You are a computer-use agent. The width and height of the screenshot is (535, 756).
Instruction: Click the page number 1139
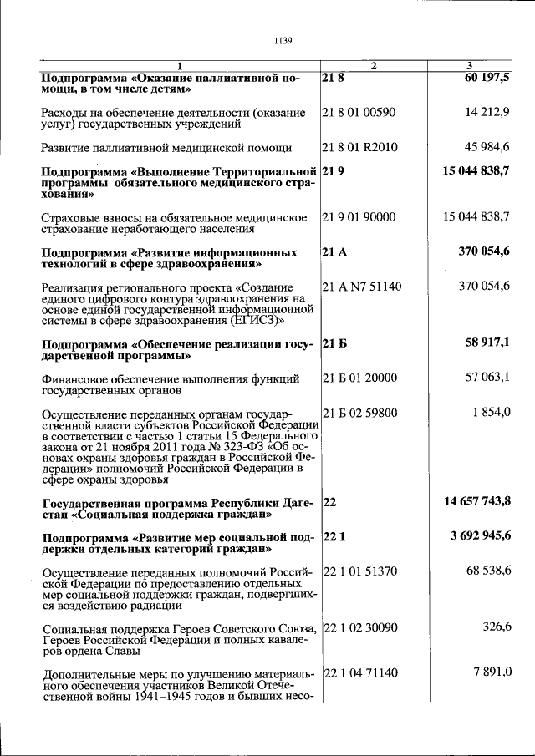click(x=282, y=38)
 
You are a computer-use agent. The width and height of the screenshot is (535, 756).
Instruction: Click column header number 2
click(x=374, y=66)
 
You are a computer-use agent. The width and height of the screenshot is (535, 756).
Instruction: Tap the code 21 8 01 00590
click(x=359, y=112)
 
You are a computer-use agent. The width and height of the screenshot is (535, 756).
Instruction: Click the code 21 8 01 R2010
click(x=359, y=148)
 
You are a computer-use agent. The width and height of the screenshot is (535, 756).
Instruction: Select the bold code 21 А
click(x=333, y=251)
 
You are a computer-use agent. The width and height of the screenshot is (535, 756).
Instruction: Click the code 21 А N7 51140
click(x=361, y=287)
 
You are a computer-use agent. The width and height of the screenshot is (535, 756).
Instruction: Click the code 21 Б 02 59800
click(x=359, y=413)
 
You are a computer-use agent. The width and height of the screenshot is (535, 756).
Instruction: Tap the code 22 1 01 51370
click(x=359, y=571)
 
